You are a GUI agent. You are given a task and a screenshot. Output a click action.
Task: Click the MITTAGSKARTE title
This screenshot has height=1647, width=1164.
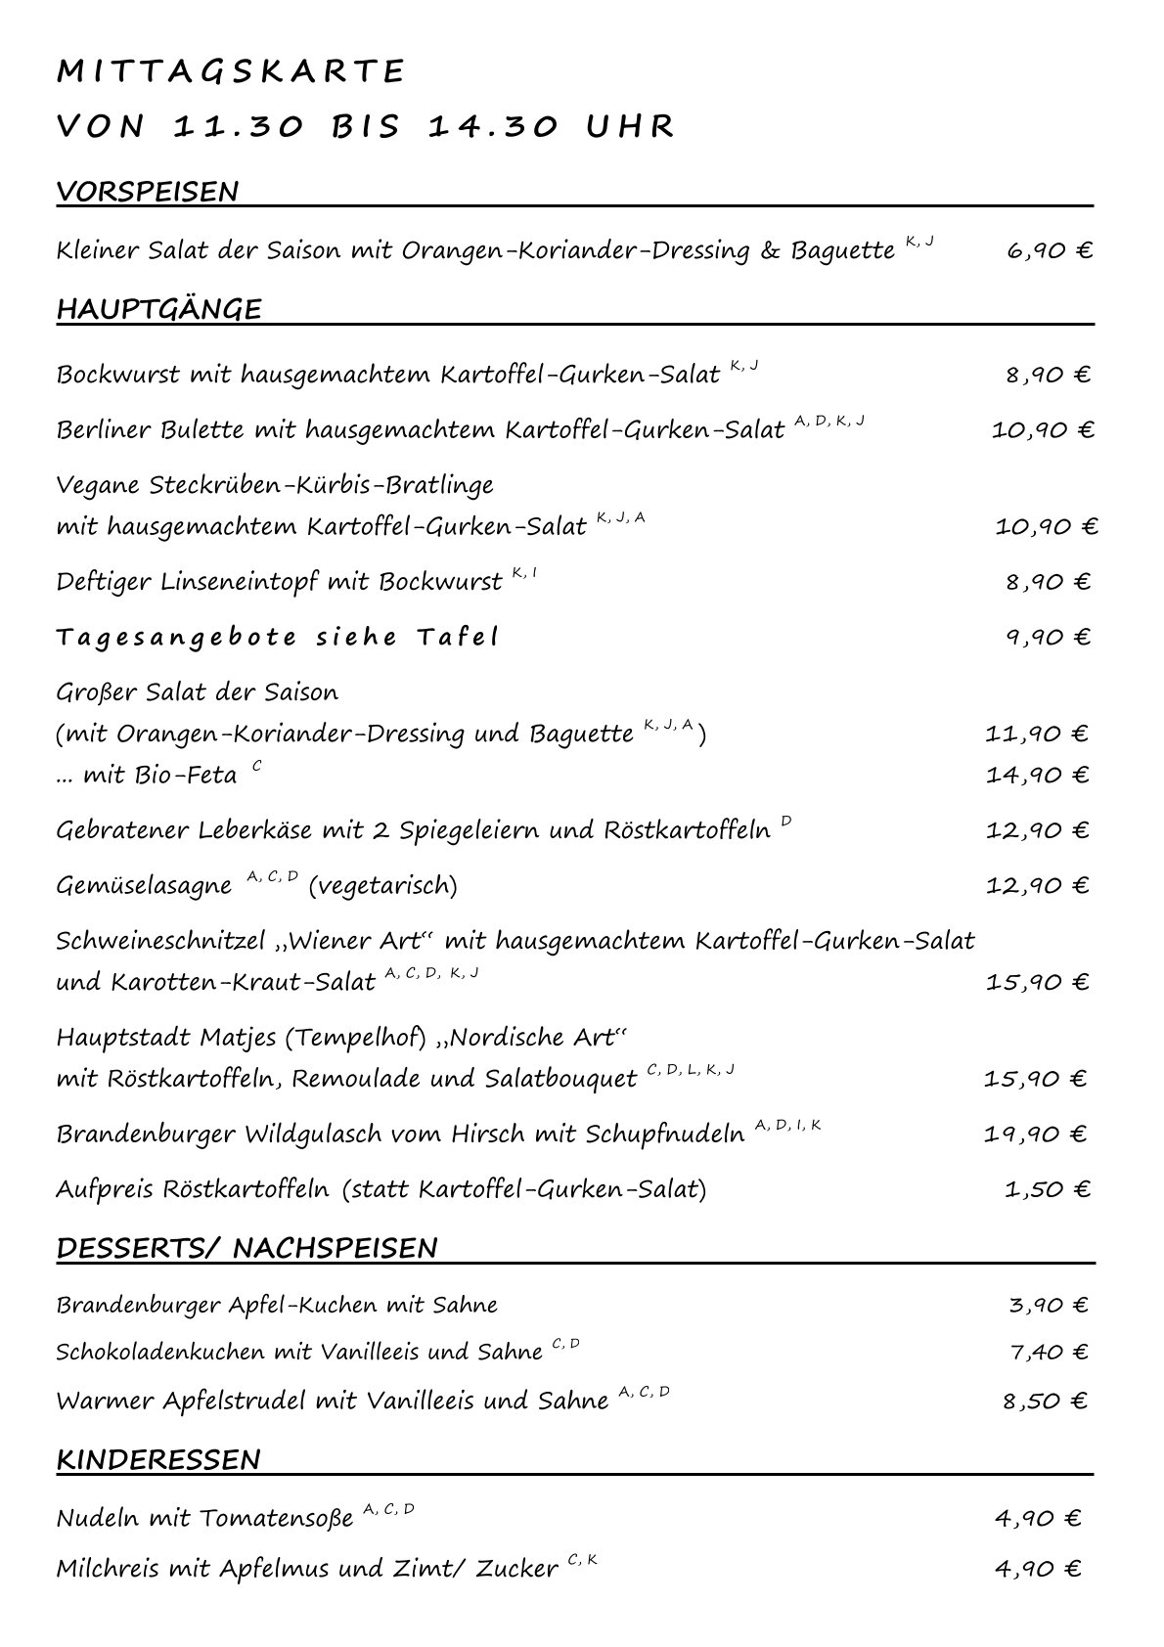coord(231,71)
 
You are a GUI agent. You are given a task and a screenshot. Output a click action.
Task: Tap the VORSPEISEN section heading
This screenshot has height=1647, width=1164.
coord(148,192)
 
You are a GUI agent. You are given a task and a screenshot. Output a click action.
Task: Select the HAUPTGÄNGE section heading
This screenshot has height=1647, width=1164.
coord(159,309)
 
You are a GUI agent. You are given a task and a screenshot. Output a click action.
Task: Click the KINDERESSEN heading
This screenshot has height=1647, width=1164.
coord(158,1459)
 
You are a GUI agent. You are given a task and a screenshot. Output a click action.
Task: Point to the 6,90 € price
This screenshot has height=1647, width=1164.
coord(1049,250)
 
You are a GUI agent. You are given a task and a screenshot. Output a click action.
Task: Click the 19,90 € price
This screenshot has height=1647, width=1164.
coord(1036,1135)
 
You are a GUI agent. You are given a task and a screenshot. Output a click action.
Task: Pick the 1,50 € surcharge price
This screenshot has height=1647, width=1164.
coord(1047,1189)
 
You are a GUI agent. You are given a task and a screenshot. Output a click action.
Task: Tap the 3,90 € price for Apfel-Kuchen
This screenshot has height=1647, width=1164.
coord(1048,1305)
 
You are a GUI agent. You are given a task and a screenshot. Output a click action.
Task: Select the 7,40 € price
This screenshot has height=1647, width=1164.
coord(1048,1352)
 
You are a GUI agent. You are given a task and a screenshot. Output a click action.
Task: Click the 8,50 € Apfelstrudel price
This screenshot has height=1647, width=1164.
coord(1045,1401)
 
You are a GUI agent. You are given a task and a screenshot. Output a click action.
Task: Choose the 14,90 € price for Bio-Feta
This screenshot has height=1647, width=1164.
coord(1037,775)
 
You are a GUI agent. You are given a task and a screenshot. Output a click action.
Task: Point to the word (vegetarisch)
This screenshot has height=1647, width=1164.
coord(382,886)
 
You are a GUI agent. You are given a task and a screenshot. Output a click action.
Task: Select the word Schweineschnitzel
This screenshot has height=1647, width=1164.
coord(160,941)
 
